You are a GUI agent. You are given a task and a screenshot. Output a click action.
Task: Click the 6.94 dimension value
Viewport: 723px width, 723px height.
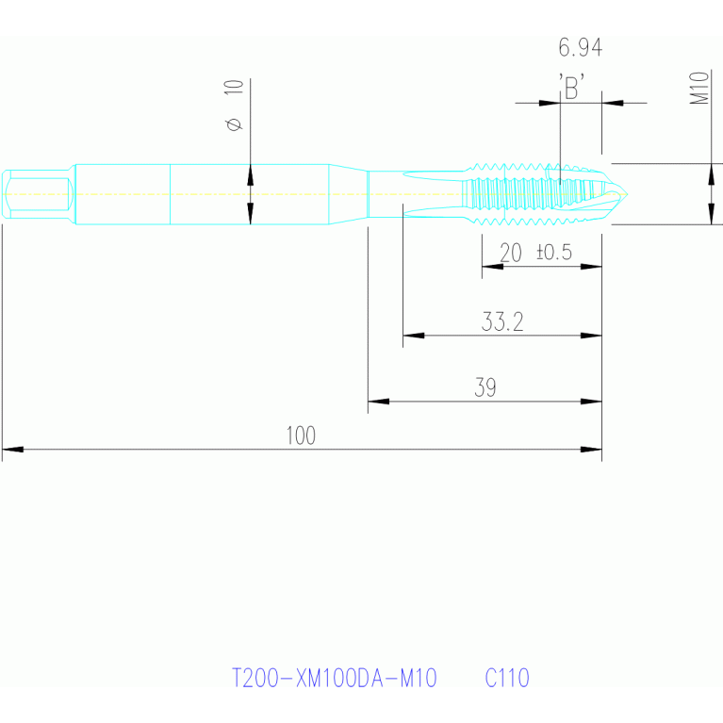click(x=580, y=47)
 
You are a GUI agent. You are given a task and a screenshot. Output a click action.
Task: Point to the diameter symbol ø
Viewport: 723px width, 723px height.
click(x=235, y=124)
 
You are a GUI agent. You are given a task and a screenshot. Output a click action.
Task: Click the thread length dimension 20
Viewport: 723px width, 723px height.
click(x=510, y=253)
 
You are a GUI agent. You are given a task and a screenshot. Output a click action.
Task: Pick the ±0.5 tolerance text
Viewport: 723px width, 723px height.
click(x=553, y=253)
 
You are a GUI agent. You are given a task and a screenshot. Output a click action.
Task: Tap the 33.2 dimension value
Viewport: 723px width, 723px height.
click(x=502, y=322)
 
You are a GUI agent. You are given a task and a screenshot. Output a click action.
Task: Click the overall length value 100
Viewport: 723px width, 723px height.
click(x=301, y=435)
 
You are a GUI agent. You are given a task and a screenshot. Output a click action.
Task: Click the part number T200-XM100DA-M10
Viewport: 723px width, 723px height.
click(x=334, y=678)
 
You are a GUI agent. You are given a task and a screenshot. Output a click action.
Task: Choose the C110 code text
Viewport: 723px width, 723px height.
click(x=507, y=678)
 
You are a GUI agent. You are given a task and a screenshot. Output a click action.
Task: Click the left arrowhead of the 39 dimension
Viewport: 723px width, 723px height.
click(x=375, y=402)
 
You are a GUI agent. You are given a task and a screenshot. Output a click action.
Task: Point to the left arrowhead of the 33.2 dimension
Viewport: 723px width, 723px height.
click(x=411, y=335)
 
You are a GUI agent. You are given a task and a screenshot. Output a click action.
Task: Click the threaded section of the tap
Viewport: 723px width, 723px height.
click(x=528, y=194)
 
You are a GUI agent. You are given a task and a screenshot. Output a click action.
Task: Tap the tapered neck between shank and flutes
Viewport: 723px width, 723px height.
click(x=347, y=194)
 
